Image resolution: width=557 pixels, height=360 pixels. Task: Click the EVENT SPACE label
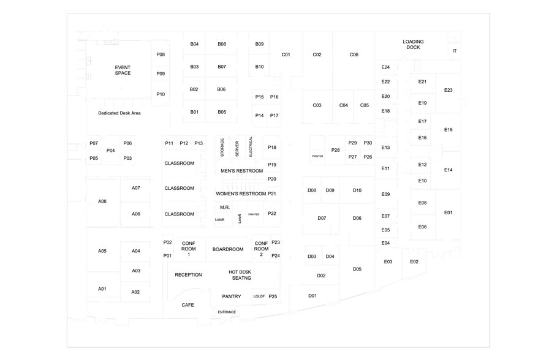(123, 70)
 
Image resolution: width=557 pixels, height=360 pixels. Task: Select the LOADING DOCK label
(413, 44)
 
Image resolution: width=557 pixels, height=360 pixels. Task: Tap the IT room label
(454, 51)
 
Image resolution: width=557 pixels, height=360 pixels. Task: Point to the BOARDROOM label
(228, 249)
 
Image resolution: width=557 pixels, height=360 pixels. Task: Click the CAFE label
(188, 305)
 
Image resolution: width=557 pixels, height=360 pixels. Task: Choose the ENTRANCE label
(227, 312)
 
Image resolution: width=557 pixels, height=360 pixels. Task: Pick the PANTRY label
(231, 296)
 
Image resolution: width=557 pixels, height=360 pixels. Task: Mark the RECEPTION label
(188, 274)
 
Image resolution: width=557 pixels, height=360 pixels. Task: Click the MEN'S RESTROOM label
(241, 171)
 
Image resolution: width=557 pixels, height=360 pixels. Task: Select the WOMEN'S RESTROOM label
(241, 193)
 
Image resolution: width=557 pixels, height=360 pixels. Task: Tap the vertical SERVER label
(237, 148)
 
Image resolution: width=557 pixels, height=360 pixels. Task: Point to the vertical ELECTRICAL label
(251, 146)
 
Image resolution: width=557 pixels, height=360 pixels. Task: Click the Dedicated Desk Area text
(119, 113)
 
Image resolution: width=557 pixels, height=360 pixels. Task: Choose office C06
(354, 54)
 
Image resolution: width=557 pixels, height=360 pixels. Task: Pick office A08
(102, 201)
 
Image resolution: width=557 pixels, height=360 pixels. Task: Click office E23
(448, 90)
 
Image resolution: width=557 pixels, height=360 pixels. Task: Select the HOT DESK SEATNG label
(240, 275)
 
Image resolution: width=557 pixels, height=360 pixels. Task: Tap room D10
(357, 190)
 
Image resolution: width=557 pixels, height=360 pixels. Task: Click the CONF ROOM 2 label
(261, 249)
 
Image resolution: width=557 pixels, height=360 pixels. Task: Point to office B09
(259, 44)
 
